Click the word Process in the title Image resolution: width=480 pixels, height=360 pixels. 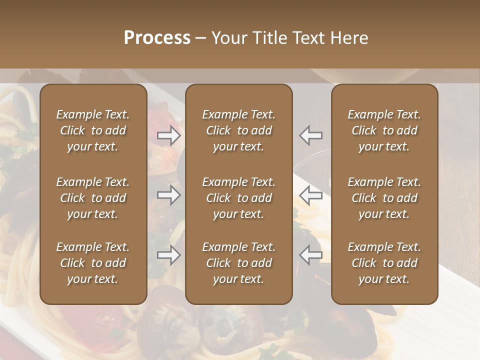coord(157,38)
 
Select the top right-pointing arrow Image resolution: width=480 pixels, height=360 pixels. coord(169,135)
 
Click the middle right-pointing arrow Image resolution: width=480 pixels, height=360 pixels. coord(169,195)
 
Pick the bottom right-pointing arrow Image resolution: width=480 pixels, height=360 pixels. coord(169,255)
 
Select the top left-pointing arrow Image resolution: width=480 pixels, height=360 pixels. coord(310,135)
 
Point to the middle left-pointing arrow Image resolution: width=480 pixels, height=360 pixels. coord(310,195)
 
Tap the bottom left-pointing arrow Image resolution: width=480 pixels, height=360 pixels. coord(310,255)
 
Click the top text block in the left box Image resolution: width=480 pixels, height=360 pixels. coord(93,130)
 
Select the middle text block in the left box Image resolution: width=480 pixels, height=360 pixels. coord(93,198)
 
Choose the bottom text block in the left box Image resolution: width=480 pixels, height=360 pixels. coord(93,263)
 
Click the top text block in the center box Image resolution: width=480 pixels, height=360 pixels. coord(238,130)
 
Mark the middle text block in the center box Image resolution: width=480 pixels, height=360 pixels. coord(238,198)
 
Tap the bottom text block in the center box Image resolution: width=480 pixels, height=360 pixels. coord(238,263)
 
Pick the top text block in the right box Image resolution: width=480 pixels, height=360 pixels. coord(384,130)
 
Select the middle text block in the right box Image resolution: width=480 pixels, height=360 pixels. coord(384,198)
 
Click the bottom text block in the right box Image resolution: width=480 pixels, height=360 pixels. coord(384,263)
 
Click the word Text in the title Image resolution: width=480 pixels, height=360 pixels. coord(306,38)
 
